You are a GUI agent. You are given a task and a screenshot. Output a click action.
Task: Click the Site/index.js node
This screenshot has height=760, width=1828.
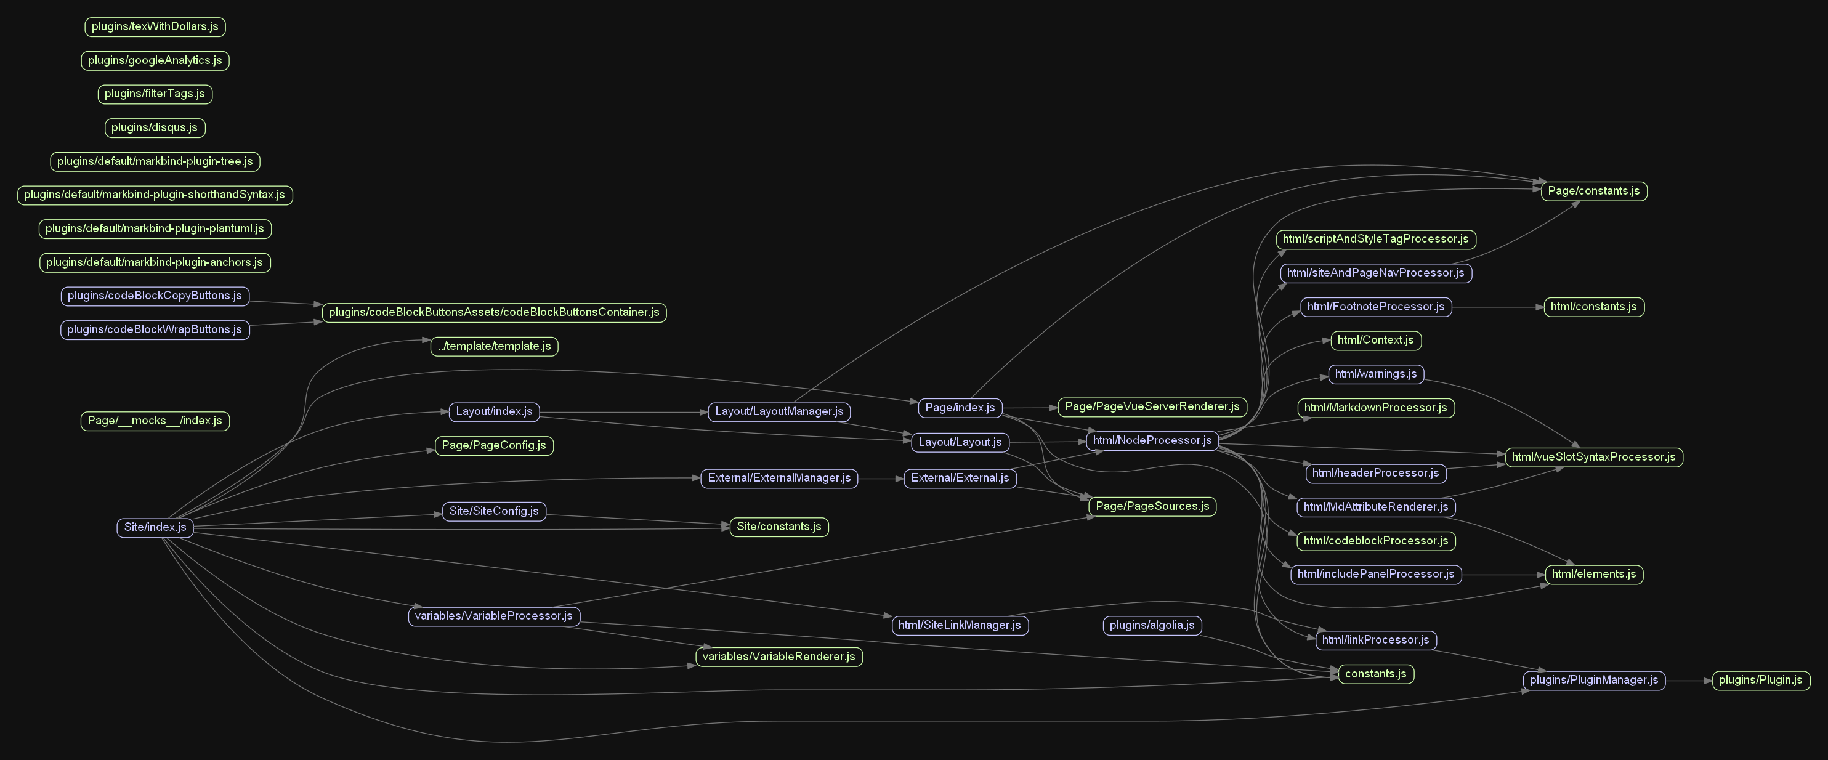[155, 527]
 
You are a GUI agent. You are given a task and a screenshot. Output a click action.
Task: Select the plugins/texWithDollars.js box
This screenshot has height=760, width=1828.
[155, 27]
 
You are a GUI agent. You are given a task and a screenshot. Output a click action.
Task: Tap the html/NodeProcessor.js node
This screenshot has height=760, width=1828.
[1152, 441]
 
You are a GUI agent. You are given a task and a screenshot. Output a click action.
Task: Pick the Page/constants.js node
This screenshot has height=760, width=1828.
[1593, 191]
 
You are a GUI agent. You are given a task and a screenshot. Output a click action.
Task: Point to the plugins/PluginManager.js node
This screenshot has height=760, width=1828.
[1593, 680]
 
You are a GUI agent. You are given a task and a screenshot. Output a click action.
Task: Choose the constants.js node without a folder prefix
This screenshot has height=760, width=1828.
[1375, 674]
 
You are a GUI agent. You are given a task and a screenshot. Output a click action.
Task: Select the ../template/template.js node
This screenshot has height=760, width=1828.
[494, 346]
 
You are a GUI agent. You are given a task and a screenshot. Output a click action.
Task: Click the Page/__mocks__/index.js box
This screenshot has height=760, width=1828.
[155, 421]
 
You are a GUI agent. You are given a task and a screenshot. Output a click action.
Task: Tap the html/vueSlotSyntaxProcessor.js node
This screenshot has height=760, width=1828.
[1593, 457]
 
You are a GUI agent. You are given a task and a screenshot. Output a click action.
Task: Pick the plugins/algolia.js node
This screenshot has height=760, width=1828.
[1152, 625]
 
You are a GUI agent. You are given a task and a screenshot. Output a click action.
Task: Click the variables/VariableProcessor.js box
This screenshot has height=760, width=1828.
[493, 616]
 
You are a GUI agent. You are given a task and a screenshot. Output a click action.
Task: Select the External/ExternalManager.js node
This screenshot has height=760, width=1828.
[779, 479]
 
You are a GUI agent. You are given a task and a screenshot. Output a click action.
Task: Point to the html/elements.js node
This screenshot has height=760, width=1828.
[1593, 574]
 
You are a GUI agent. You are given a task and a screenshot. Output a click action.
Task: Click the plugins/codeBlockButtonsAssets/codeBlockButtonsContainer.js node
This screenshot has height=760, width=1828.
[494, 312]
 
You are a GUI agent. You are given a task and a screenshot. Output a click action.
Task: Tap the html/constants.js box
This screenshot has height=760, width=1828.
[1593, 307]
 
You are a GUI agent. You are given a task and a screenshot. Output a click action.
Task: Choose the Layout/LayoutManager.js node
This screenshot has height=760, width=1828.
[779, 411]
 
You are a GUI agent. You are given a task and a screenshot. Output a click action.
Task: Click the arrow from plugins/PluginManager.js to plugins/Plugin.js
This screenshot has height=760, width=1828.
[1688, 681]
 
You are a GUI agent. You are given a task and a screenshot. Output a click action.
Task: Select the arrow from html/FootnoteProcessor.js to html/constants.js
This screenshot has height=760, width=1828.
[1497, 307]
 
